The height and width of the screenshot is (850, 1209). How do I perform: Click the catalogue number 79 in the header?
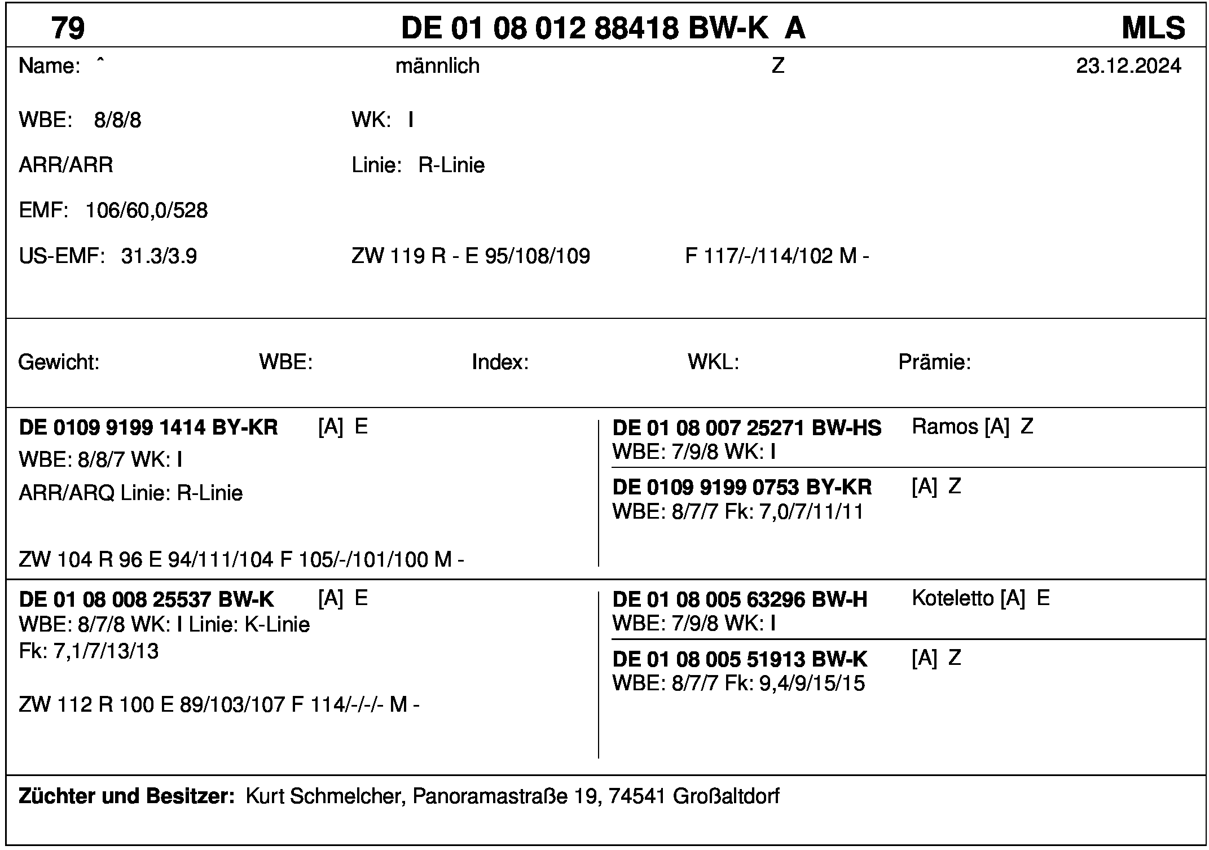point(68,28)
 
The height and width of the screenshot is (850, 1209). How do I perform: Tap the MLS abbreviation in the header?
point(1153,28)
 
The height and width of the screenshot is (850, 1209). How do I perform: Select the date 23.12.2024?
point(1128,67)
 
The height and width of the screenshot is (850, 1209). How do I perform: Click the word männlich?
point(437,67)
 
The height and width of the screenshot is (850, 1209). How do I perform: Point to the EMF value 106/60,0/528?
point(146,211)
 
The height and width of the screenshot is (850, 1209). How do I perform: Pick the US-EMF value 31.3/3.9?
point(159,257)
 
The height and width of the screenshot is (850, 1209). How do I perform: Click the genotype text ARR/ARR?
point(66,165)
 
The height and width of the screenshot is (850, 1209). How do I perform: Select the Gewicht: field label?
point(59,362)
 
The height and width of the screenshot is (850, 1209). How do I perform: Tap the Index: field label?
point(500,362)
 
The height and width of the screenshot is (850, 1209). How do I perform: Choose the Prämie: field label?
point(934,362)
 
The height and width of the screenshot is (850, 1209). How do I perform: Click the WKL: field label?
point(713,362)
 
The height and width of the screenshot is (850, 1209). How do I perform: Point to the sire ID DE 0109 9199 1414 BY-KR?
point(148,428)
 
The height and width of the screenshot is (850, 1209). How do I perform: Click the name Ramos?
point(945,427)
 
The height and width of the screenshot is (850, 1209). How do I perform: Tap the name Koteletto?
point(953,598)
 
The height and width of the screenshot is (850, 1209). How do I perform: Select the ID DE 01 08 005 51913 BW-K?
point(740,659)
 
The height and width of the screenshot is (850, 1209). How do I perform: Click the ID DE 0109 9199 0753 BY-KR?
point(742,487)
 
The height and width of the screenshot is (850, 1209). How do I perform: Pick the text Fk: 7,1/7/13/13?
point(89,652)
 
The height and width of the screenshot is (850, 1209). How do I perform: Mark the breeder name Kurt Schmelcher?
point(324,796)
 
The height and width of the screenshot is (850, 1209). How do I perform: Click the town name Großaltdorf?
point(726,796)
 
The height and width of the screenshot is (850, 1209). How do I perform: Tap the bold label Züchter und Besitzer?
point(126,796)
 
